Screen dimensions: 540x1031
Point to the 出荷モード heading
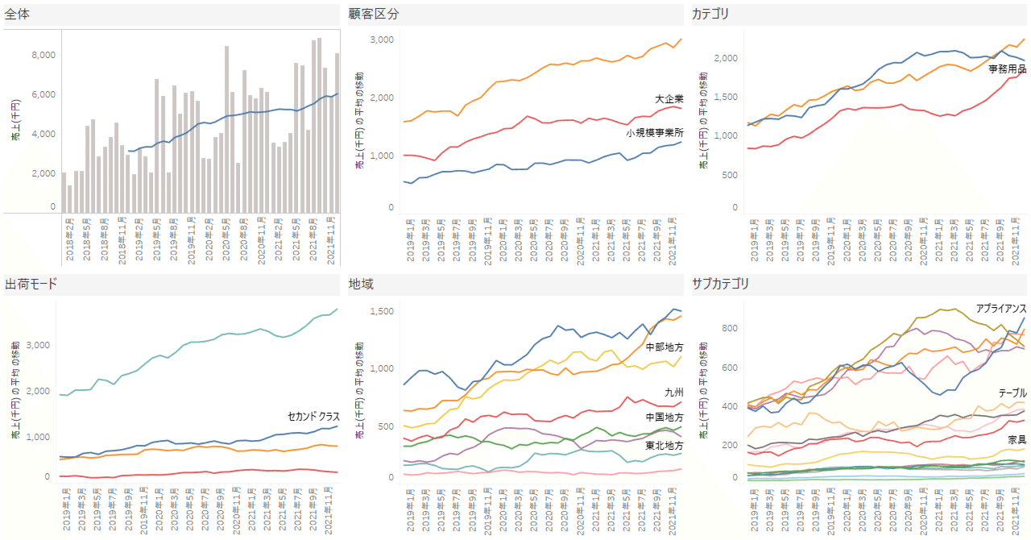tap(31, 284)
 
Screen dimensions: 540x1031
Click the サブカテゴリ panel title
tap(720, 284)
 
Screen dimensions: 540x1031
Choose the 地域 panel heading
tap(361, 284)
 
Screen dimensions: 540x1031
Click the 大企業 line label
tap(669, 98)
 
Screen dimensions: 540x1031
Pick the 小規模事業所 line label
tap(654, 131)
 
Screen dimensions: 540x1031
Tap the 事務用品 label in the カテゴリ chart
tap(1007, 69)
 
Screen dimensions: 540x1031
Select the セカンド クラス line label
tap(313, 417)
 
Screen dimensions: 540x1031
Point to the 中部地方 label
tap(664, 347)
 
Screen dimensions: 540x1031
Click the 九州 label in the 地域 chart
tap(673, 393)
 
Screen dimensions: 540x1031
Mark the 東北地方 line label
tap(664, 445)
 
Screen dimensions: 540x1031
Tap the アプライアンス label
tap(1000, 308)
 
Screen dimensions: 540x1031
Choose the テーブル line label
tap(1012, 393)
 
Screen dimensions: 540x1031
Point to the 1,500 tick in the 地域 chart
tap(380, 311)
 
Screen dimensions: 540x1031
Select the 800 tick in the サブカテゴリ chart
tap(730, 328)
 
